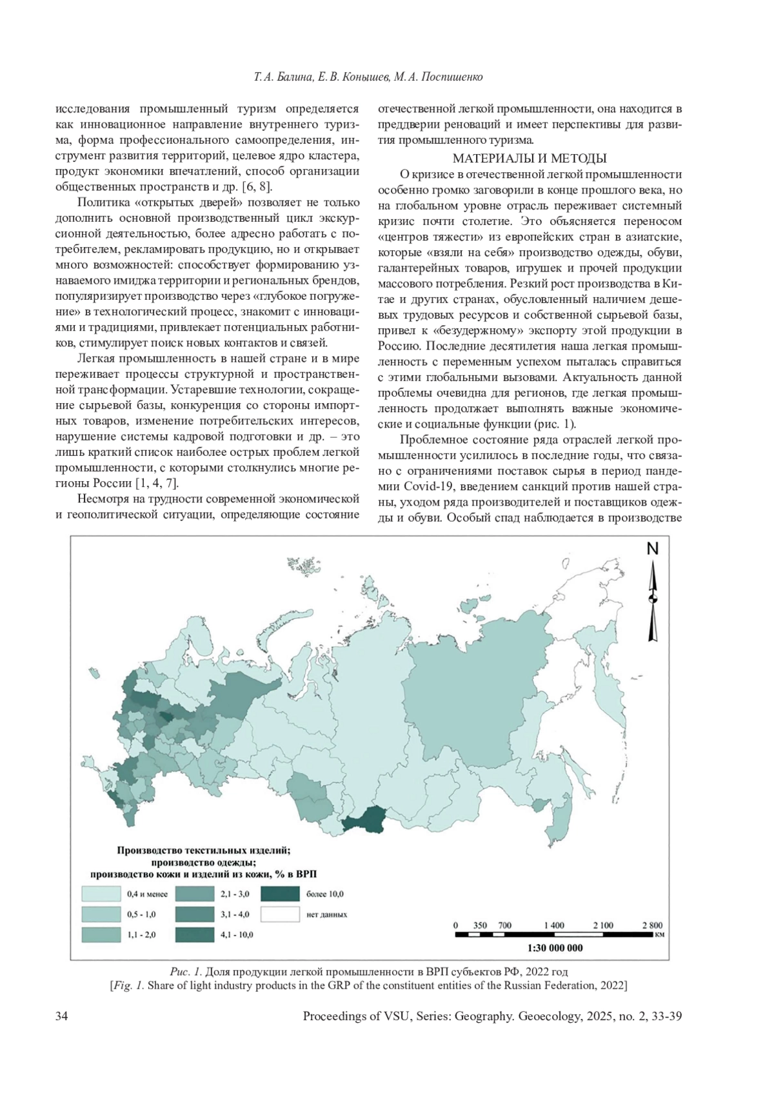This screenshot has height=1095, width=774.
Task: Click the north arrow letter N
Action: (x=653, y=549)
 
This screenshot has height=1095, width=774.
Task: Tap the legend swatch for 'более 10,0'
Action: (x=281, y=894)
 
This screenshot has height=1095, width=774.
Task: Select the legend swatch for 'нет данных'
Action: (x=281, y=914)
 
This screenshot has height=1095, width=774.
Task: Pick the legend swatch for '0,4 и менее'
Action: (x=101, y=894)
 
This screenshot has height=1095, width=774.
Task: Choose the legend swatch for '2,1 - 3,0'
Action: (x=194, y=894)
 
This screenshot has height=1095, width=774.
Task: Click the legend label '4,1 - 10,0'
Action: (x=237, y=934)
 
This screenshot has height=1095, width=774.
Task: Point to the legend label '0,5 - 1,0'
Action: (x=141, y=914)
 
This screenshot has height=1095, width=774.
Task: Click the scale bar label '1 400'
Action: (x=553, y=925)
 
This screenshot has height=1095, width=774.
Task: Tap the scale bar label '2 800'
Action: (x=652, y=925)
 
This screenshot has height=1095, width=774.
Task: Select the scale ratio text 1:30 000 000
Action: (x=555, y=948)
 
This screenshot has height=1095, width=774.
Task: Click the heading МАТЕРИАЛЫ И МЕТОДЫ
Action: (x=530, y=159)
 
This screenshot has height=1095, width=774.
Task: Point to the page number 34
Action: (x=62, y=1016)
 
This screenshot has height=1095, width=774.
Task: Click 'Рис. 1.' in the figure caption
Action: (x=187, y=971)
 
